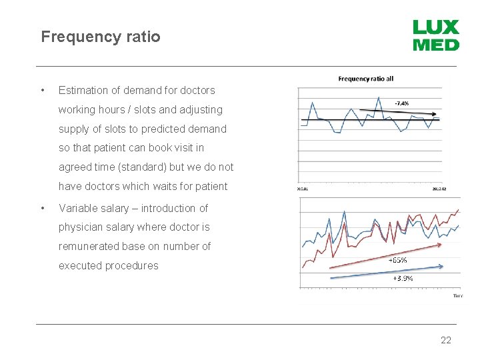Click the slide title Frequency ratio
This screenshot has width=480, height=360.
(101, 37)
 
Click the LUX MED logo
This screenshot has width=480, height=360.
(436, 36)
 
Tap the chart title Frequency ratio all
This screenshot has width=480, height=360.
(366, 79)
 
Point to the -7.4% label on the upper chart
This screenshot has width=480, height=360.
(401, 103)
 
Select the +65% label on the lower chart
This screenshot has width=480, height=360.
(398, 260)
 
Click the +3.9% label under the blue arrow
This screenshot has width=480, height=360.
(403, 278)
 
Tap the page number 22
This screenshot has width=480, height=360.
(446, 340)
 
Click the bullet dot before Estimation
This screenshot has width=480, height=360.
(43, 90)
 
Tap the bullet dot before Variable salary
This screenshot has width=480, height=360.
(43, 208)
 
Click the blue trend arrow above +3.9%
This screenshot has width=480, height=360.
(387, 269)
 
